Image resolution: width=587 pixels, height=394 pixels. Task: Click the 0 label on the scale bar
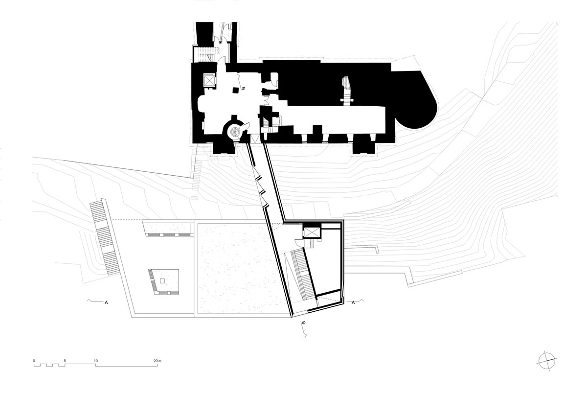[x=34, y=361]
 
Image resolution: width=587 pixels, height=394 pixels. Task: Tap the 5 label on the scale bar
[x=65, y=361]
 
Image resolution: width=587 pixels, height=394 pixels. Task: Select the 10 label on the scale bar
[x=96, y=361]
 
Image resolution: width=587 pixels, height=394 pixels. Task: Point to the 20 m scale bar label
[x=157, y=361]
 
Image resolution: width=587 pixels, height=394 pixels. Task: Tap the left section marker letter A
[x=106, y=302]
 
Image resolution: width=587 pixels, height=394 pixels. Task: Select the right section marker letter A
[x=354, y=302]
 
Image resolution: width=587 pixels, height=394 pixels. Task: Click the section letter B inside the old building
[x=243, y=89]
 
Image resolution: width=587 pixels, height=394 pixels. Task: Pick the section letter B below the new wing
[x=303, y=324]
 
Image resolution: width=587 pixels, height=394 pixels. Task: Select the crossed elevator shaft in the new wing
[x=311, y=231]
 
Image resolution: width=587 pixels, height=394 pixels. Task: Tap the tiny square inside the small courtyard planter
[x=162, y=280]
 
